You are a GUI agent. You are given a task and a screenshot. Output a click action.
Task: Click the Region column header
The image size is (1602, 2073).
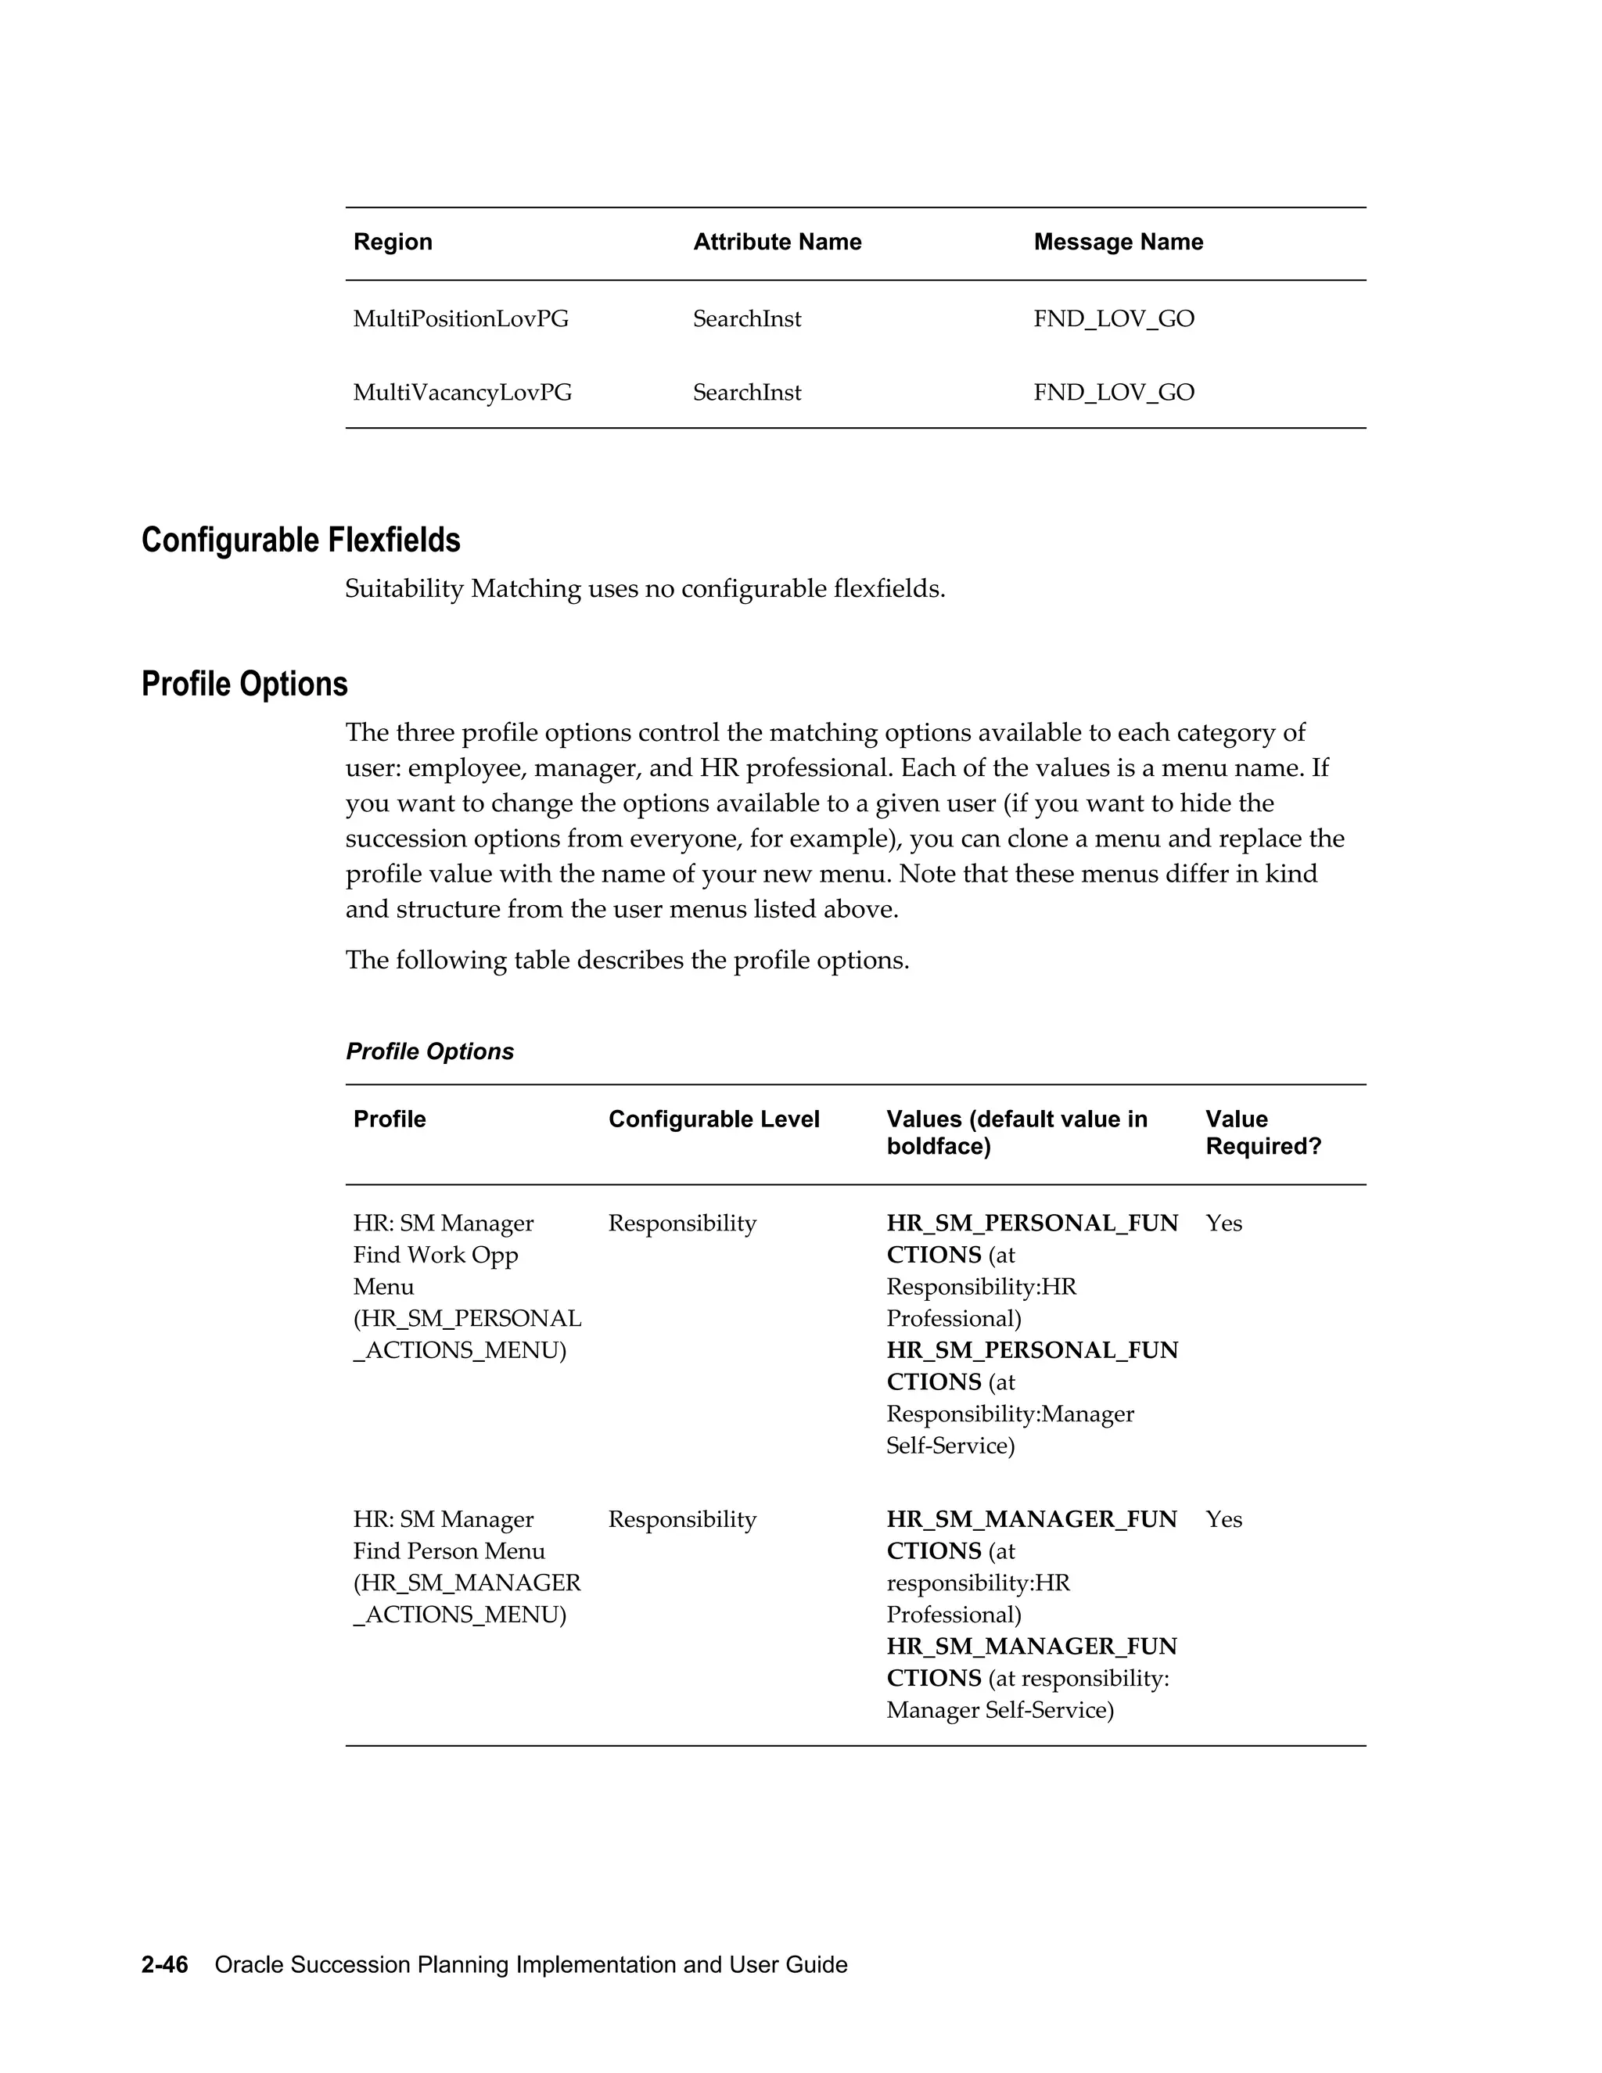tap(392, 242)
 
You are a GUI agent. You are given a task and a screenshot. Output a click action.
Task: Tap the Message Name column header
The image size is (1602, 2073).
tap(1117, 242)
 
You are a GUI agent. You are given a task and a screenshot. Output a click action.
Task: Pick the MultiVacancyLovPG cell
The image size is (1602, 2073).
tap(462, 393)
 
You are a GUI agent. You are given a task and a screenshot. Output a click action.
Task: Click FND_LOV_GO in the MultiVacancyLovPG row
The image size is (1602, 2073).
tap(1113, 393)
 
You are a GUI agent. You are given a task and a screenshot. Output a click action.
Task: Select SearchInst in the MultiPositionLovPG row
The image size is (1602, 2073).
tap(746, 319)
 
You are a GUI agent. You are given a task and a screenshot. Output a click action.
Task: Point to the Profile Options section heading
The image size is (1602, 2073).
tap(244, 684)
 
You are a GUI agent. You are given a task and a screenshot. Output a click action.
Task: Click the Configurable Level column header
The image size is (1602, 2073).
tap(713, 1119)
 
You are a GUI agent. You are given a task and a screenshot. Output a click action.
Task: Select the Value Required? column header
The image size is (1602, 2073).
tap(1263, 1133)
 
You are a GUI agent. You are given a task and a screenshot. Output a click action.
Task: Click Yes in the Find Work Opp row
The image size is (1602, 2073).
tap(1223, 1223)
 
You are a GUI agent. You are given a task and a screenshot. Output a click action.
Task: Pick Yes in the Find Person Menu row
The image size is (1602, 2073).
tap(1223, 1520)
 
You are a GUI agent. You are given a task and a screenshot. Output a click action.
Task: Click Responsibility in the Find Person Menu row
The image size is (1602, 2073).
tap(681, 1520)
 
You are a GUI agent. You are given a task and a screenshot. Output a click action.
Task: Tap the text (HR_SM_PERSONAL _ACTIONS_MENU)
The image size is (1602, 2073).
tap(466, 1335)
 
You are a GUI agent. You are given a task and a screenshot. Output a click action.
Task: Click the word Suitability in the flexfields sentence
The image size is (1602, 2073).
tap(404, 590)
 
